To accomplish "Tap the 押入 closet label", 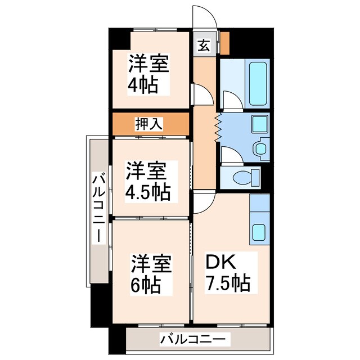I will pyautogui.click(x=149, y=124).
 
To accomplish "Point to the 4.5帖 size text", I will pyautogui.click(x=147, y=192).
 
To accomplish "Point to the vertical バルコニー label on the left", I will pyautogui.click(x=99, y=209).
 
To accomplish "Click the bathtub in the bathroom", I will pyautogui.click(x=258, y=84).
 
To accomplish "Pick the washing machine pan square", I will pyautogui.click(x=259, y=124).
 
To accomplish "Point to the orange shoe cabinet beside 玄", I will pyautogui.click(x=224, y=42).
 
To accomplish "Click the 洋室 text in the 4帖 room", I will pyautogui.click(x=149, y=63).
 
